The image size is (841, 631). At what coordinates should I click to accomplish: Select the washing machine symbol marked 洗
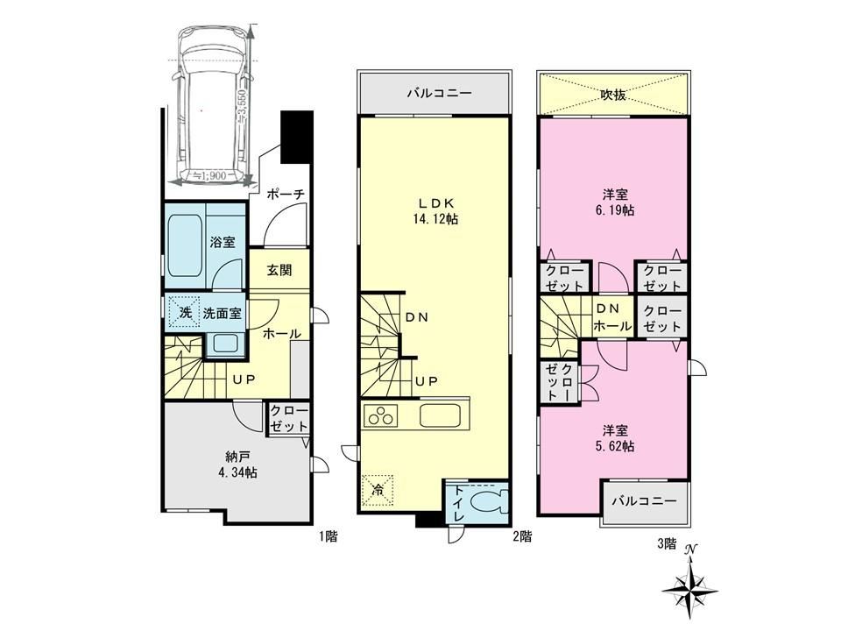pyautogui.click(x=185, y=312)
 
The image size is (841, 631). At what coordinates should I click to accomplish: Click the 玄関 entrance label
pyautogui.click(x=279, y=270)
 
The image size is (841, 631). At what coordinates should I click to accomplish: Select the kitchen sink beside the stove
pyautogui.click(x=439, y=415)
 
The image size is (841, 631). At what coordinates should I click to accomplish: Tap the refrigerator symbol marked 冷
pyautogui.click(x=378, y=489)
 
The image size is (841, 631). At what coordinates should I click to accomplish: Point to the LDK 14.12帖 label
pyautogui.click(x=436, y=211)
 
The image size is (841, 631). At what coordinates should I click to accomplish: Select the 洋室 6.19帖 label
pyautogui.click(x=615, y=202)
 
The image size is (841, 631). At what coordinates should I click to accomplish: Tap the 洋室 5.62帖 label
pyautogui.click(x=615, y=438)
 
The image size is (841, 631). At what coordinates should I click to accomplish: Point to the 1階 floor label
pyautogui.click(x=329, y=535)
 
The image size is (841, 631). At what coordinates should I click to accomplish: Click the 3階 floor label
pyautogui.click(x=667, y=543)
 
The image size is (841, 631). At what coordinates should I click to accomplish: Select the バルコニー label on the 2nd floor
pyautogui.click(x=439, y=93)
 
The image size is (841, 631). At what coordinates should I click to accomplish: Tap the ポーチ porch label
pyautogui.click(x=285, y=194)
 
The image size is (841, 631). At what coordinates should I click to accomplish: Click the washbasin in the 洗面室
pyautogui.click(x=225, y=344)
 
